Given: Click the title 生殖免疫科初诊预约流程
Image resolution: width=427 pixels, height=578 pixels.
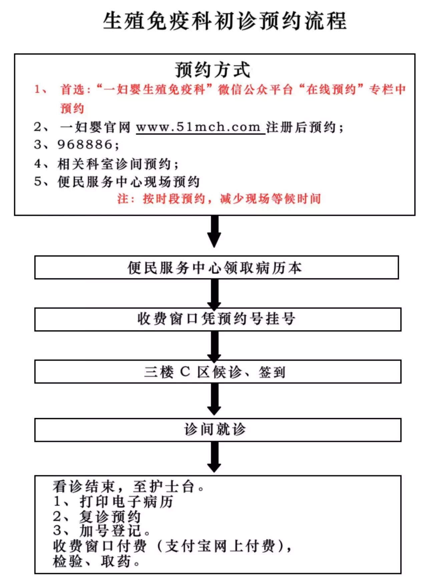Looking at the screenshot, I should (x=225, y=21).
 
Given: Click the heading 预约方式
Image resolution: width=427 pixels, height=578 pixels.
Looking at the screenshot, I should (x=212, y=70).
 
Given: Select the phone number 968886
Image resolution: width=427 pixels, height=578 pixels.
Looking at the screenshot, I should (x=85, y=145).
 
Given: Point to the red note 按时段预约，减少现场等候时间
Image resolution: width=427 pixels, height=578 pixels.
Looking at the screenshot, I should (x=232, y=199).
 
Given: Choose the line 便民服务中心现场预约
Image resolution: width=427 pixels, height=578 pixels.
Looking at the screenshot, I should (x=128, y=182).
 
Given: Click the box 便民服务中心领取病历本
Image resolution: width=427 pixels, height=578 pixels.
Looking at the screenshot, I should (x=216, y=267).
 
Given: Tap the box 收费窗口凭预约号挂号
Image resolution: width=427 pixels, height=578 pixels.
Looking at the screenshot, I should (x=217, y=319).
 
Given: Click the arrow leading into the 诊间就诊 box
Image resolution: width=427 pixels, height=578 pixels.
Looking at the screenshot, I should (x=214, y=400).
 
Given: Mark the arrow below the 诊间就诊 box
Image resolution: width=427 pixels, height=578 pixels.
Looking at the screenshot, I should (x=214, y=457).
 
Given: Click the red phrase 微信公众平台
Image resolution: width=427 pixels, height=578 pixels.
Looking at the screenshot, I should (x=255, y=89).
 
